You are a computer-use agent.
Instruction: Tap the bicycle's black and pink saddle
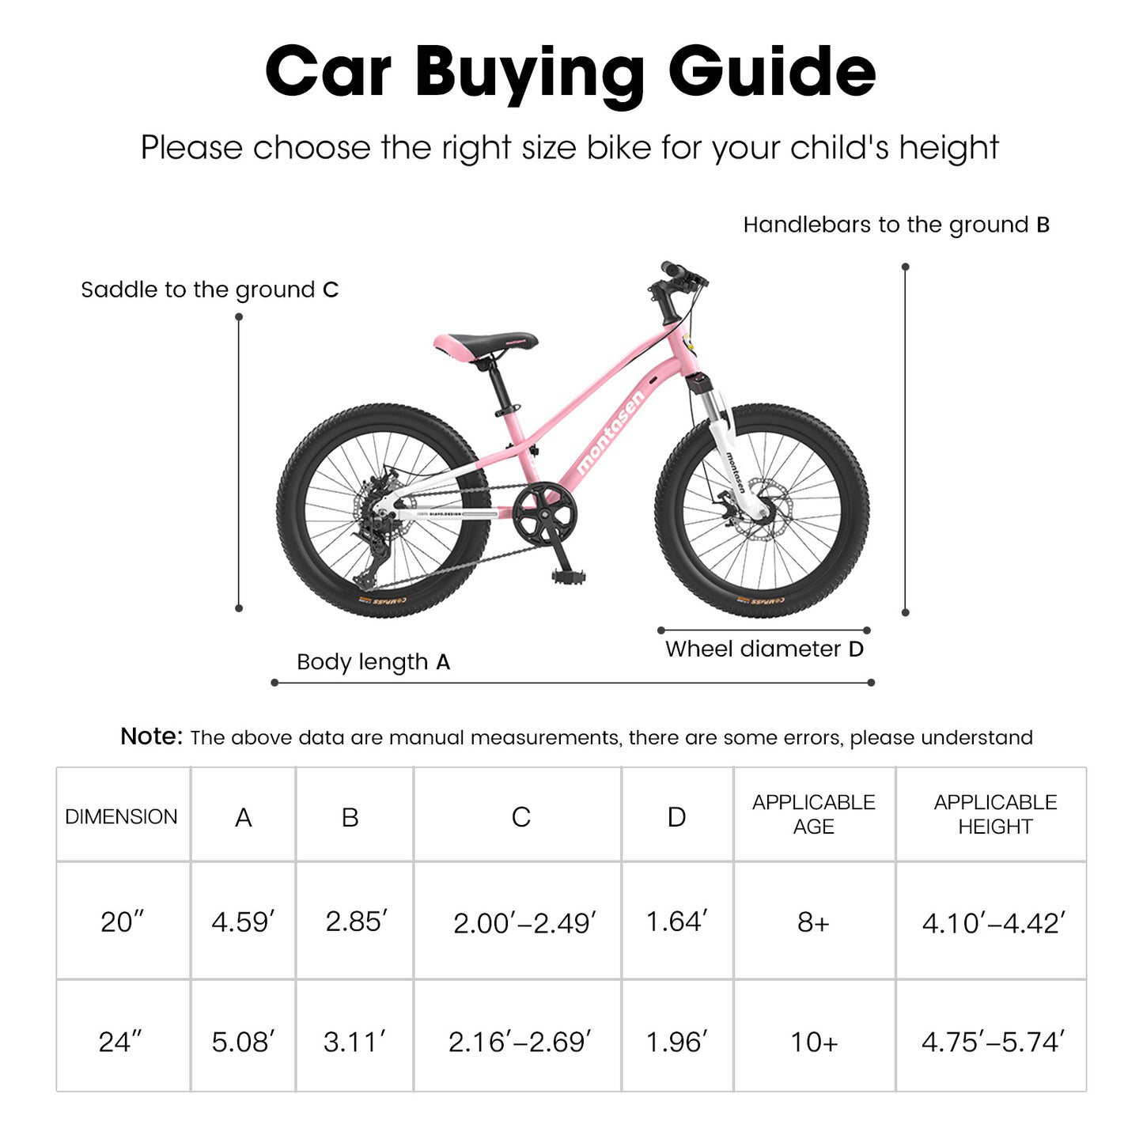pos(486,344)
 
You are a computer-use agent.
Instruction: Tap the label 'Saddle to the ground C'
pos(210,290)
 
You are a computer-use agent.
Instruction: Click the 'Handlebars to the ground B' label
pos(896,225)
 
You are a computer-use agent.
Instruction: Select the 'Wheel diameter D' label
pos(764,649)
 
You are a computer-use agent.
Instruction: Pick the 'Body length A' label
pos(373,662)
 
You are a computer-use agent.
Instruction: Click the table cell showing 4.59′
pos(243,922)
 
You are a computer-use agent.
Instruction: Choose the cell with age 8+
pos(813,922)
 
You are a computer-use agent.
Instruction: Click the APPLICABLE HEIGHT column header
pos(994,814)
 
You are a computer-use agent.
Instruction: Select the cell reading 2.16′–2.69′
pos(520,1042)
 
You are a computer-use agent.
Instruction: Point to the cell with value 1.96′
pos(676,1042)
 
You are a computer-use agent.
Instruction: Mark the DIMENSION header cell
pos(121,816)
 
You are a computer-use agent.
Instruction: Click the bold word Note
pos(151,736)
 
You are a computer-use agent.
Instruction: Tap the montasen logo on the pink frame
pos(611,432)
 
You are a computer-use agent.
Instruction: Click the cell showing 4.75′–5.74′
pos(993,1042)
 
